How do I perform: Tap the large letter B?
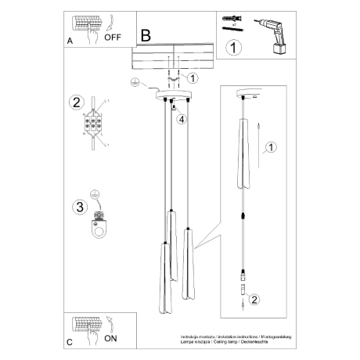point(146,36)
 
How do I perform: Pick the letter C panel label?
point(70,341)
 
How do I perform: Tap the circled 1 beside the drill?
point(232,48)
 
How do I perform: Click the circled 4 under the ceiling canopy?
point(181,119)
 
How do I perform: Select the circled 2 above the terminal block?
point(76,102)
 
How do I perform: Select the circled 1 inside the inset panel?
point(270,146)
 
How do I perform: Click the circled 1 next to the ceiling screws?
point(194,77)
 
